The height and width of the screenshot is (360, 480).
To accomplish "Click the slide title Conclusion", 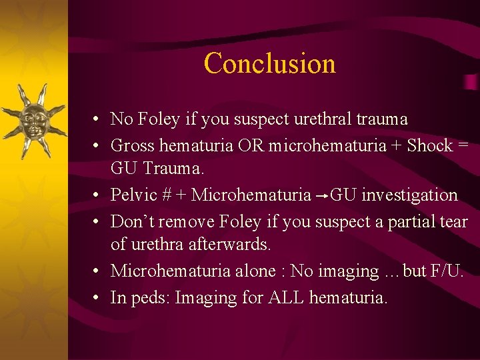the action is pos(270,63).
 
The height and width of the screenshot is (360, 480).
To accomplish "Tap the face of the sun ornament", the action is pos(34,121).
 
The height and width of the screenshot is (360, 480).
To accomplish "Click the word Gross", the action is pos(132,145).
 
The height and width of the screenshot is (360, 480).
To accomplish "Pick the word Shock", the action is pos(430,145).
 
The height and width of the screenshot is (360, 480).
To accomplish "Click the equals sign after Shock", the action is pos(464,146).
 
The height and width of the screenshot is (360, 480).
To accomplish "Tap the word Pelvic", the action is pos(134,195).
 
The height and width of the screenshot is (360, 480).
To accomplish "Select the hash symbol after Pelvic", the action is pos(167,195).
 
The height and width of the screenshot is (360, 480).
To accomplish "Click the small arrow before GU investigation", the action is pos(322,196).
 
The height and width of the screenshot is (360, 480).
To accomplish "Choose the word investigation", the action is pos(410,195).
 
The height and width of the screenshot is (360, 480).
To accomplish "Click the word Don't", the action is pos(133,221).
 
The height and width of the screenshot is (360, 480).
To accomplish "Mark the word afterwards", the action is pos(229,244).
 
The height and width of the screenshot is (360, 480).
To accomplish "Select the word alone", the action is pos(255,271).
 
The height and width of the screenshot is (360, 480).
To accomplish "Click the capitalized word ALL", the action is pos(286,297).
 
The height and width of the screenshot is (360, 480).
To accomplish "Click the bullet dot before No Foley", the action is pos(96,119).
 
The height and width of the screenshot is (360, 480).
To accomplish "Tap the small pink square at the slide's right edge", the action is pos(471,82).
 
